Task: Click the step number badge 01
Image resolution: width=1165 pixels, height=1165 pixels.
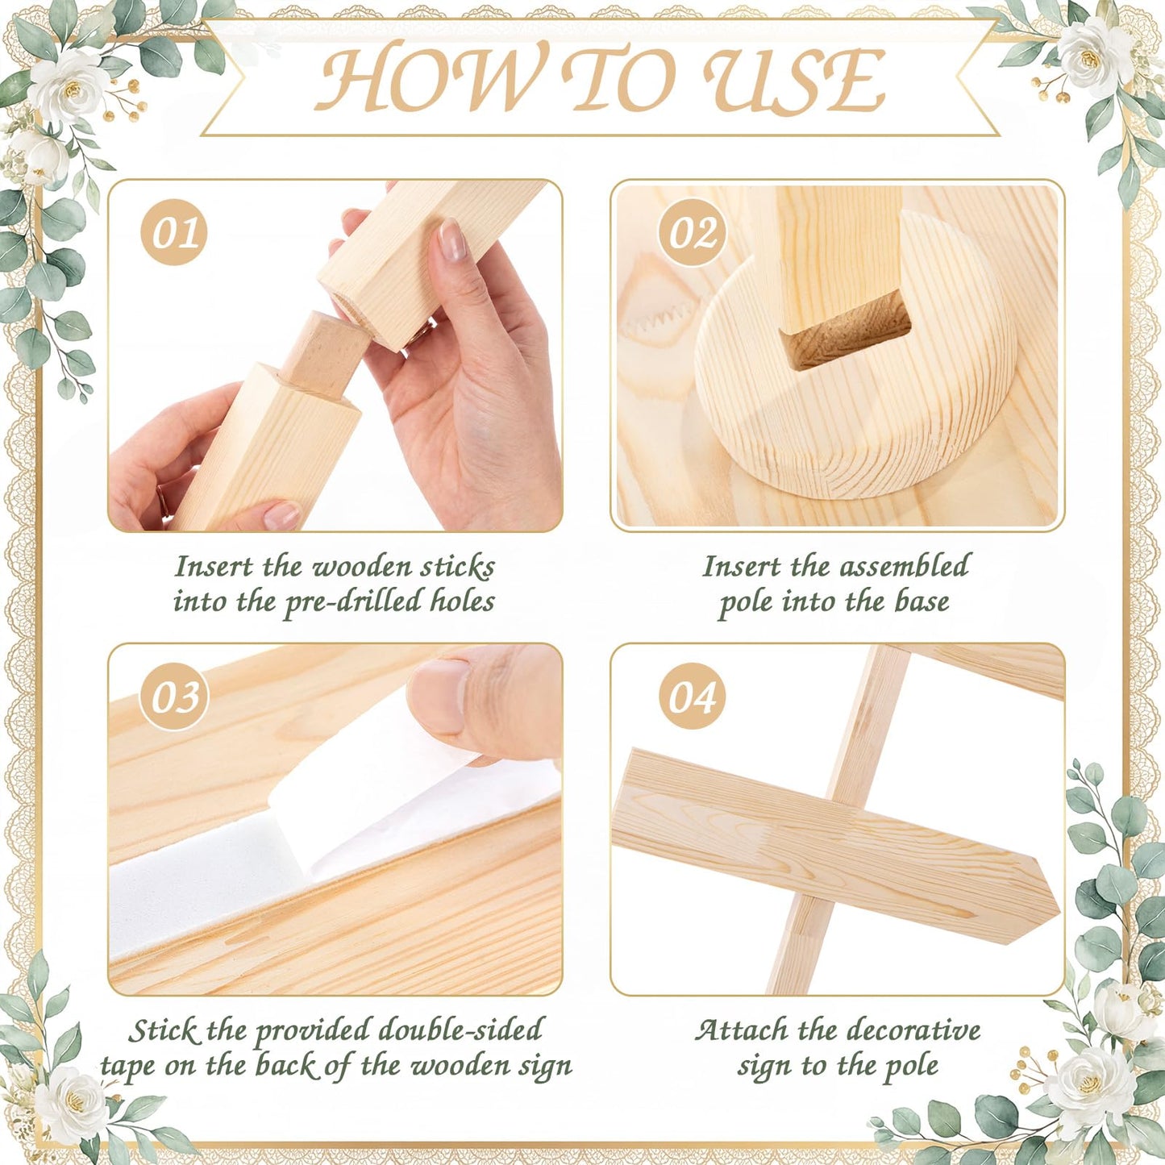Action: [x=174, y=232]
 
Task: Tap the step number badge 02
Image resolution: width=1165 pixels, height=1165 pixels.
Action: [x=692, y=232]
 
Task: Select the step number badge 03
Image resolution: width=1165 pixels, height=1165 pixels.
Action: [x=174, y=697]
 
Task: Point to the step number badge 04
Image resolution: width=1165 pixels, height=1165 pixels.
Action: [x=692, y=697]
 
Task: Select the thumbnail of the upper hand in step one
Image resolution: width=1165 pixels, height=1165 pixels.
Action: [x=452, y=240]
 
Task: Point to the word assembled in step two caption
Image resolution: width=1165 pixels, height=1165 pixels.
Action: [x=888, y=566]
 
